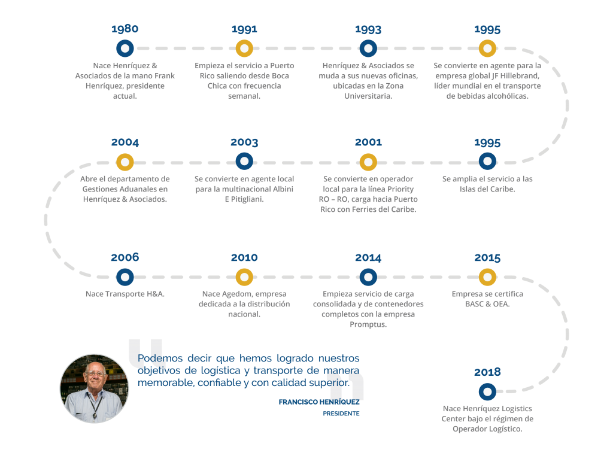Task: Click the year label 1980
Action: pyautogui.click(x=125, y=29)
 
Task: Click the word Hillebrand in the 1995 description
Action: pyautogui.click(x=519, y=76)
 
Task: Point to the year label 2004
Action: pyautogui.click(x=125, y=142)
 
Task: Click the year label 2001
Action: pyautogui.click(x=368, y=142)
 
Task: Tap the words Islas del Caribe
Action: pyautogui.click(x=487, y=189)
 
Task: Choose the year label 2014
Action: pyautogui.click(x=368, y=258)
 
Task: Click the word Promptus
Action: pyautogui.click(x=368, y=324)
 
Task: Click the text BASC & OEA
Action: pyautogui.click(x=487, y=304)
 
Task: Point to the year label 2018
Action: pyautogui.click(x=487, y=372)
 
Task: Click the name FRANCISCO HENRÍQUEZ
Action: pyautogui.click(x=319, y=402)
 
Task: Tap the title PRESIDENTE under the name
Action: pyautogui.click(x=341, y=414)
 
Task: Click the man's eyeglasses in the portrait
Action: pyautogui.click(x=95, y=374)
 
